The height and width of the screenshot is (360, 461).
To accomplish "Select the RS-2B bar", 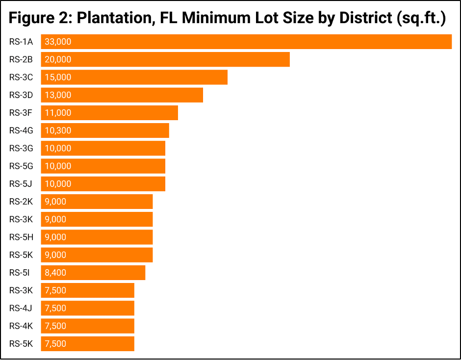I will tap(165, 59).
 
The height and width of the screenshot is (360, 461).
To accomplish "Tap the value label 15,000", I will tap(58, 77).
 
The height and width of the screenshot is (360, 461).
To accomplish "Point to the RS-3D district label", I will tap(21, 95).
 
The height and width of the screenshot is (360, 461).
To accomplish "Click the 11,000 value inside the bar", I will tap(58, 113).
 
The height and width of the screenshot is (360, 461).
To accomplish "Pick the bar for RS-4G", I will tap(105, 130).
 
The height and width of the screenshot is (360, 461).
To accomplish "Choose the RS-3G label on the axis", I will tap(21, 148).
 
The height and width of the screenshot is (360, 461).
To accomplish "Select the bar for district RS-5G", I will tap(103, 166).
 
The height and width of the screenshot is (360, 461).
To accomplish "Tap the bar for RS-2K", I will tap(97, 202).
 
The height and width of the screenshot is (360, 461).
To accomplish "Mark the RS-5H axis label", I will tap(21, 237).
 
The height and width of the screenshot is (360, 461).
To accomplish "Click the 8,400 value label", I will tap(55, 273).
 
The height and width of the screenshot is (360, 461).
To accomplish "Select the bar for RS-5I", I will tap(93, 273).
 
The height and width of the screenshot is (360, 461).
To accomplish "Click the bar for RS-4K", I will tap(87, 326).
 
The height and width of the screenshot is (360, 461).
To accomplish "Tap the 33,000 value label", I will tap(58, 42).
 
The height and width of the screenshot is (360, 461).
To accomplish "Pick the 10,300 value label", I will tap(58, 130).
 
